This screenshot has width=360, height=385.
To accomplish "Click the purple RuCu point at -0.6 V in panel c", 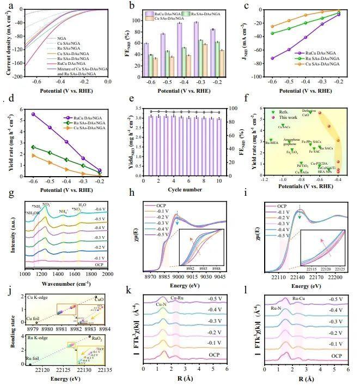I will coord(272,58).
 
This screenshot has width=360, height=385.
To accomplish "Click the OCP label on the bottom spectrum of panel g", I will coord(99,264).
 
